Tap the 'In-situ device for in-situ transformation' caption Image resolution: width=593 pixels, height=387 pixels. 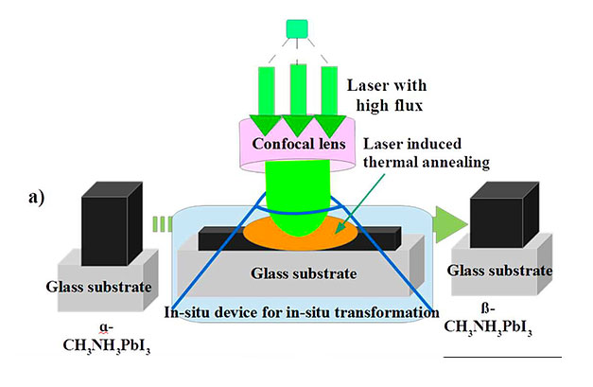click(x=301, y=311)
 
